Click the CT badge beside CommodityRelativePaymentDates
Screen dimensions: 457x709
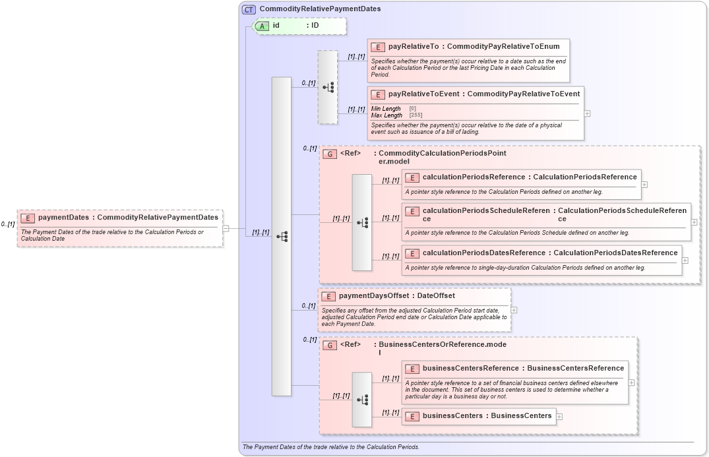[x=249, y=9]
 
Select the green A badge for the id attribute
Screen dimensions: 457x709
[x=262, y=26]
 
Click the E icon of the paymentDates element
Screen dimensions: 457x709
[x=28, y=218]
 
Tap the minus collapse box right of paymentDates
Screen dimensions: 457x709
[x=226, y=229]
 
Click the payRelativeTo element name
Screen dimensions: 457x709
[x=414, y=47]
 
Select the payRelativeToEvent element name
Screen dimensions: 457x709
[x=424, y=94]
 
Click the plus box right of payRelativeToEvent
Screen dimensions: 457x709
[x=588, y=113]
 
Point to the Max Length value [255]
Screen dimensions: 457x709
[x=416, y=115]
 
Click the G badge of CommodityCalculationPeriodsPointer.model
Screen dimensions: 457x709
[x=330, y=154]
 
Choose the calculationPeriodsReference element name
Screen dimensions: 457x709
[x=474, y=177]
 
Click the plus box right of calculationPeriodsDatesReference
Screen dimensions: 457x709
[x=685, y=260]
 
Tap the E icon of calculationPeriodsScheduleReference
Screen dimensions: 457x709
[x=412, y=212]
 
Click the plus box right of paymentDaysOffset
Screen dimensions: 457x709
[x=514, y=310]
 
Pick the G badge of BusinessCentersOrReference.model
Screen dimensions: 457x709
[x=330, y=345]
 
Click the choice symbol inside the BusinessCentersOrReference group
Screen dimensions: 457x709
[x=362, y=400]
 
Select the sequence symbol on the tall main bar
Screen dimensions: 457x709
[x=282, y=236]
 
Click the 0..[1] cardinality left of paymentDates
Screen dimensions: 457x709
[x=8, y=225]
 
